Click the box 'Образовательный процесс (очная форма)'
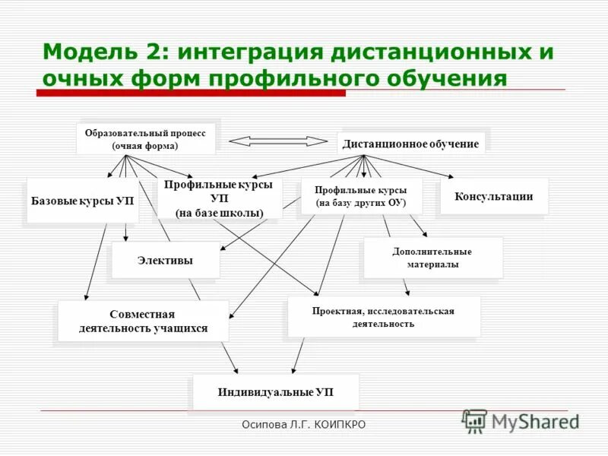(x=145, y=138)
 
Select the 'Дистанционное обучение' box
(x=410, y=144)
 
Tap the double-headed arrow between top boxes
(x=278, y=141)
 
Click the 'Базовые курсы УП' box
(x=82, y=201)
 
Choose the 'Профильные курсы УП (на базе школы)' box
(x=219, y=198)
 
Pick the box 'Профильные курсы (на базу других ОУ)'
(x=360, y=197)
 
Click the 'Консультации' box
(x=493, y=196)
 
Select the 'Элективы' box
(x=165, y=260)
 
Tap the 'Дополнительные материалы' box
(x=432, y=258)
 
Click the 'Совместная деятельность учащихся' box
(x=143, y=321)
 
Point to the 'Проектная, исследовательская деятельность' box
(x=383, y=317)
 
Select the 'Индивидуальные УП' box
(x=275, y=392)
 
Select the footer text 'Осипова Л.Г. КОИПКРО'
(x=303, y=424)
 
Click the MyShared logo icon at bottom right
(x=474, y=421)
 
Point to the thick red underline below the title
(x=190, y=93)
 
